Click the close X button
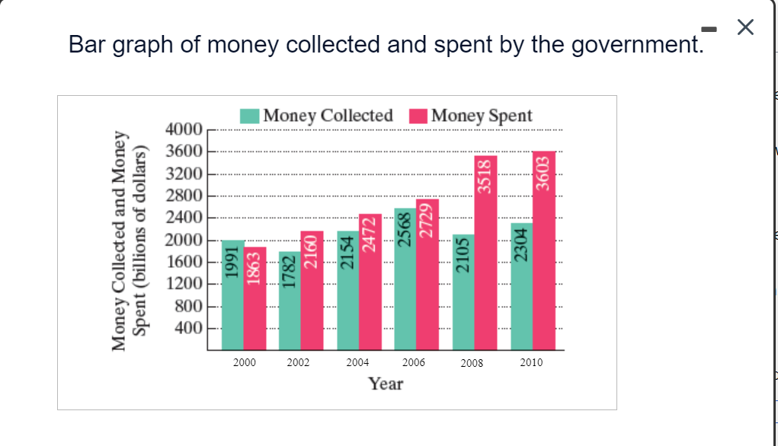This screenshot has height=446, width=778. pos(745,28)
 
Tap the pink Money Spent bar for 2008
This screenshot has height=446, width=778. pos(485,252)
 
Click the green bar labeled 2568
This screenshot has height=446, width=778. pos(405,279)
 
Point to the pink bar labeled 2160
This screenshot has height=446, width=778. pos(312,290)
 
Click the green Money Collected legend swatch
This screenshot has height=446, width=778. pos(250,116)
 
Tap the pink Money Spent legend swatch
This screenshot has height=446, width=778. pos(418,116)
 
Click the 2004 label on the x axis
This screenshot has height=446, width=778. pos(357,363)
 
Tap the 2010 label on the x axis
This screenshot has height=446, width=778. pos(531,363)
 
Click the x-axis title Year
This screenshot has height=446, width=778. pos(386,384)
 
